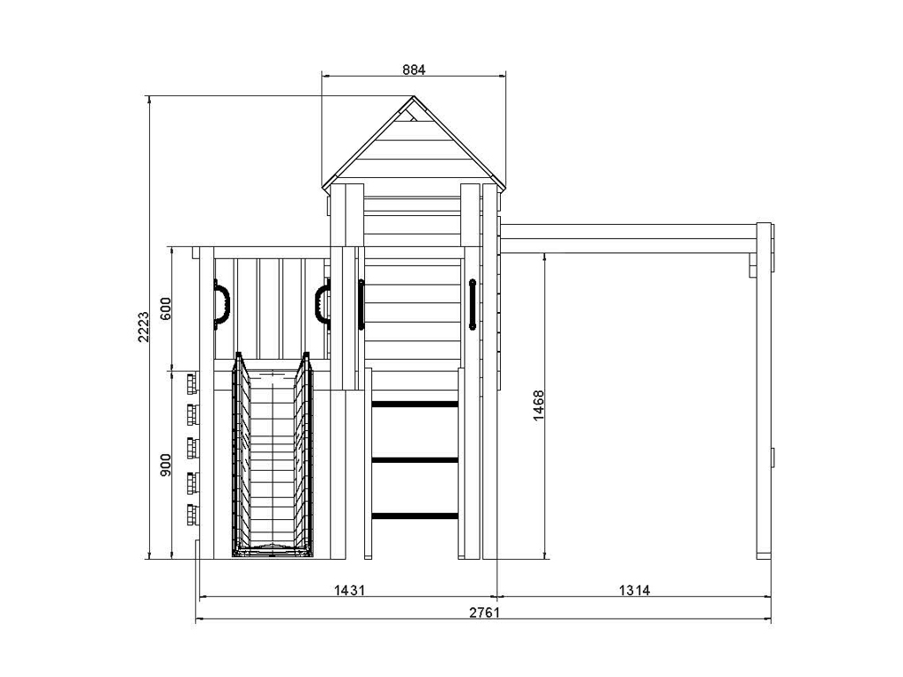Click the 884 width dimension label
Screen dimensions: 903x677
point(414,70)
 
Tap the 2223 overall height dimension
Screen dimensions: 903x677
point(143,326)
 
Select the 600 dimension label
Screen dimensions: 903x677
point(165,309)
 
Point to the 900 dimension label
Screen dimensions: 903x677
point(165,465)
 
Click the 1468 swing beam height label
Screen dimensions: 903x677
point(539,405)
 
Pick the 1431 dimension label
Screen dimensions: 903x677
point(349,590)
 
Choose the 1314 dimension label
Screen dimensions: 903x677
point(635,590)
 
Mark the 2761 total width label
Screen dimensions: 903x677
point(484,612)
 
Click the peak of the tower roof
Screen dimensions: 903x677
point(414,96)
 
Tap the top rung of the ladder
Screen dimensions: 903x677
point(414,405)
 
